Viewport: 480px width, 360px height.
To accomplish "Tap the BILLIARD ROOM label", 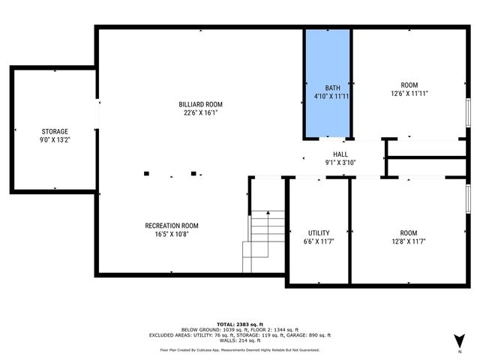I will (x=200, y=104).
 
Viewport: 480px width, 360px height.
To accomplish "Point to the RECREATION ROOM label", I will (x=172, y=226).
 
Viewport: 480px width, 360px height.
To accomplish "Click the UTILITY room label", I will (x=319, y=233).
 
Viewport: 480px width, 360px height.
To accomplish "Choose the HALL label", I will (x=340, y=154).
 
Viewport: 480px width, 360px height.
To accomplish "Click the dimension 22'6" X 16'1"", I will (x=200, y=114).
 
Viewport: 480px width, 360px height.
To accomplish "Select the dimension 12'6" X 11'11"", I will (x=409, y=94).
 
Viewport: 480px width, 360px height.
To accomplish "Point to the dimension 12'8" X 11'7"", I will (x=409, y=242).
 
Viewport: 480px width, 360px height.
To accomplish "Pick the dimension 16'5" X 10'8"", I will (x=172, y=235).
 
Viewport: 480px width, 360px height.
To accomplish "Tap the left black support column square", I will (x=146, y=174).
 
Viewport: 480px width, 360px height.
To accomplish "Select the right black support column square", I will (x=193, y=174).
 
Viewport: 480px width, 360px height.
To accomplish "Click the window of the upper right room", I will (x=469, y=112).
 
